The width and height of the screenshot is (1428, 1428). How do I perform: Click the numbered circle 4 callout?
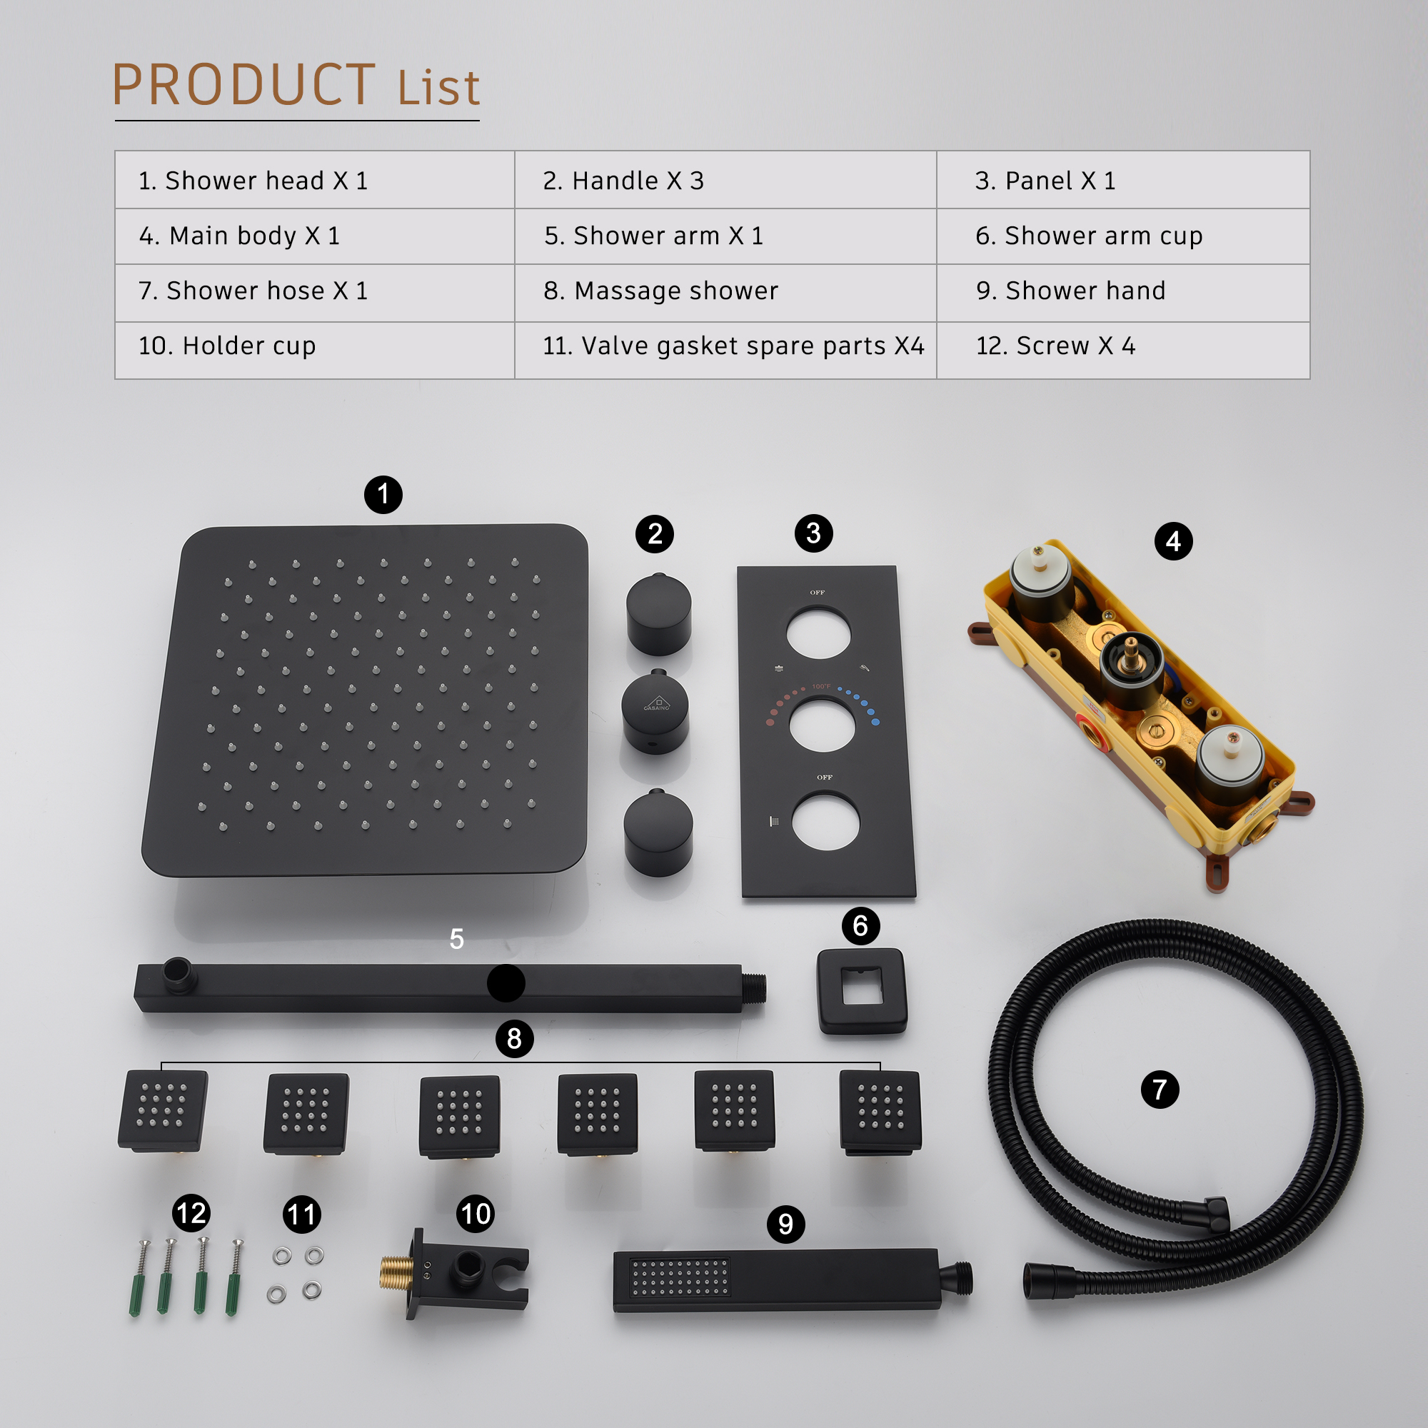pos(1173,542)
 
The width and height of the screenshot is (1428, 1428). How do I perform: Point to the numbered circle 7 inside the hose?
pos(1160,1090)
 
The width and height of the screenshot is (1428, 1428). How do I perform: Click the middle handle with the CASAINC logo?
pos(655,711)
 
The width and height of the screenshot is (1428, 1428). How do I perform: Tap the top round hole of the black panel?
pos(818,633)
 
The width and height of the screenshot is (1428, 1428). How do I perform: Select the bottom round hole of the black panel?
pos(825,822)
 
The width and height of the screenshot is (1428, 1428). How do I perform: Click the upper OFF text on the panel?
pos(817,593)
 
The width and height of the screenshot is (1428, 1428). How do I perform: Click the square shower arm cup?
pos(862,990)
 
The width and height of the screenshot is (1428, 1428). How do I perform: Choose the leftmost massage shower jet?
pos(163,1110)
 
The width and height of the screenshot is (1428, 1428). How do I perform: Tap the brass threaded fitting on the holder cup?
pos(397,1273)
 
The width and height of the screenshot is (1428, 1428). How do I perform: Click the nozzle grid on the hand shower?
pos(679,1278)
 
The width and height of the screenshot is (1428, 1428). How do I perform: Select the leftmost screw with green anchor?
pos(140,1278)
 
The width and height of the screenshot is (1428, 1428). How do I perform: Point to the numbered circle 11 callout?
pos(301,1215)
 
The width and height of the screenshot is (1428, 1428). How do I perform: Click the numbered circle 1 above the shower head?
pos(383,495)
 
